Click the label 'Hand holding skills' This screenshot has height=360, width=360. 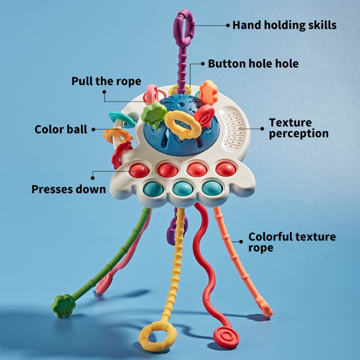pyautogui.click(x=284, y=25)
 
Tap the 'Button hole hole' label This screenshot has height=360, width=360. pyautogui.click(x=253, y=63)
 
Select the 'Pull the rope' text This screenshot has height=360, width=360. pyautogui.click(x=106, y=81)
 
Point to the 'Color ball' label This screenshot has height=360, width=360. pyautogui.click(x=61, y=130)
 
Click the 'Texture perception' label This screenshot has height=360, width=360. pyautogui.click(x=298, y=128)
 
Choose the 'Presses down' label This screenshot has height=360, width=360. pyautogui.click(x=68, y=189)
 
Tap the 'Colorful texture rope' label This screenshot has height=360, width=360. pyautogui.click(x=292, y=242)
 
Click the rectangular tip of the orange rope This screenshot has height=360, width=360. pyautogui.click(x=266, y=310)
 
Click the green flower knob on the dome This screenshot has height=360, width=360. pyautogui.click(x=152, y=114)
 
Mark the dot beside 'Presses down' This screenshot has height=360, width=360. pyautogui.click(x=94, y=173)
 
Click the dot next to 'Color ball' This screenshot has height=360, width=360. pyautogui.click(x=94, y=130)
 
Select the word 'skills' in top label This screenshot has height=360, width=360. pyautogui.click(x=320, y=25)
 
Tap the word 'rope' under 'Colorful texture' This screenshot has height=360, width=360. pyautogui.click(x=261, y=248)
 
